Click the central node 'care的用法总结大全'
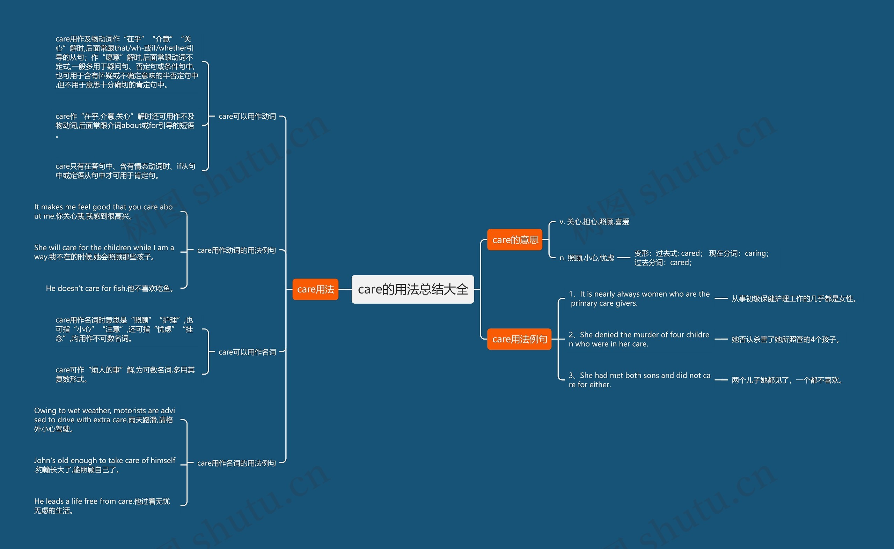pos(413,289)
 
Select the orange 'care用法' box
pos(315,289)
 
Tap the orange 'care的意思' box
pos(515,240)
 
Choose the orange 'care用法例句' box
pos(519,339)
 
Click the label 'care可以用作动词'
pos(247,117)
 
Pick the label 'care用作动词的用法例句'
pos(236,250)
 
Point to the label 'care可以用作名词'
pos(247,352)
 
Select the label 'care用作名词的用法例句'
pos(236,463)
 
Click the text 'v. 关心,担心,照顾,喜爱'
pos(594,222)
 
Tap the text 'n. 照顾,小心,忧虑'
pos(587,258)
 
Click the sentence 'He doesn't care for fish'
pos(111,288)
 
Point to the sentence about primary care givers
pos(639,298)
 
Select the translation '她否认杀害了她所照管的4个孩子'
pos(786,340)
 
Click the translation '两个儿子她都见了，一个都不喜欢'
pos(787,380)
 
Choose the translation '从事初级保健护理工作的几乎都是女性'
pos(794,299)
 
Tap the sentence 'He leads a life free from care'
pos(102,506)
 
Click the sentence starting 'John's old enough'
pos(105,465)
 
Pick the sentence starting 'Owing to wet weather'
pos(105,420)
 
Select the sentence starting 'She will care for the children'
pos(104,252)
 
